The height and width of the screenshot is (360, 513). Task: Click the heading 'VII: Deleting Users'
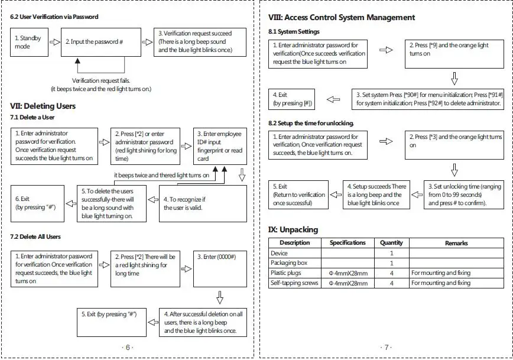(43, 106)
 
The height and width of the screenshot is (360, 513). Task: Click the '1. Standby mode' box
(29, 42)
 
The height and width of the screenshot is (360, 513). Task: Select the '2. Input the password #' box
(101, 42)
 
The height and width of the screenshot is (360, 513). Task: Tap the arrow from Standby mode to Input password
(54, 42)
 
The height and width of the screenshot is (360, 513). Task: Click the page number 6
(128, 347)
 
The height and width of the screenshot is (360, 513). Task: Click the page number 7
(387, 347)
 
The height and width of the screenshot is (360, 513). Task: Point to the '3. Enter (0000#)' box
(220, 269)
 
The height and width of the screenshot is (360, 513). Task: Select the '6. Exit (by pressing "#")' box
(37, 203)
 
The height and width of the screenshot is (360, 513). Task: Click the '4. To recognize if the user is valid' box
(203, 203)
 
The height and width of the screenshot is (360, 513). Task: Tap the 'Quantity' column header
(391, 243)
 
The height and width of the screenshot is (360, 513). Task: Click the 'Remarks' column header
(456, 243)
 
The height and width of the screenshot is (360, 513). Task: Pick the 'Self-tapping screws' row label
(294, 283)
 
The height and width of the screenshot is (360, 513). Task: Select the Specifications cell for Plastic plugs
(348, 273)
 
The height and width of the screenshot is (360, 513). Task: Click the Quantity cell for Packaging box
(392, 263)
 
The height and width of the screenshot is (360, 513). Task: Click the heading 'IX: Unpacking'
(293, 230)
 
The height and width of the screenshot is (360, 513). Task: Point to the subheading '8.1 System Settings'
(294, 32)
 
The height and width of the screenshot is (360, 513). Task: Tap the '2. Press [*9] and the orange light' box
(454, 54)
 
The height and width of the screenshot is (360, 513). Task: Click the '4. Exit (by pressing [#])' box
(291, 99)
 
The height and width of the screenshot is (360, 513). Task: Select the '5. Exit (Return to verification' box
(298, 194)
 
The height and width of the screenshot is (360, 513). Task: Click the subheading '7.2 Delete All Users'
(35, 236)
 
